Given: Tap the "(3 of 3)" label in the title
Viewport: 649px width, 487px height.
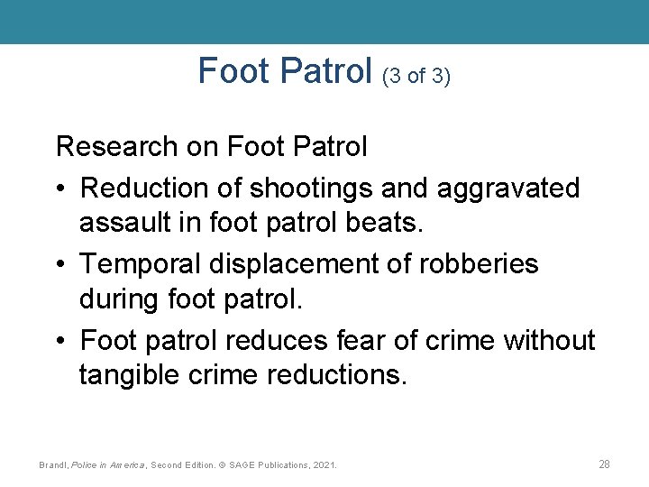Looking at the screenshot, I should (x=416, y=77).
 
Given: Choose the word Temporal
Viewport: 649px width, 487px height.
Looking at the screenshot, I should (x=141, y=264).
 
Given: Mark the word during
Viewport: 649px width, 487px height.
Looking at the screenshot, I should (x=120, y=298).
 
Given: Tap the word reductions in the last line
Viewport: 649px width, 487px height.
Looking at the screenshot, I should (x=337, y=373).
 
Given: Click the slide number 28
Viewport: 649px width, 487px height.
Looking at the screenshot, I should (x=604, y=464).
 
